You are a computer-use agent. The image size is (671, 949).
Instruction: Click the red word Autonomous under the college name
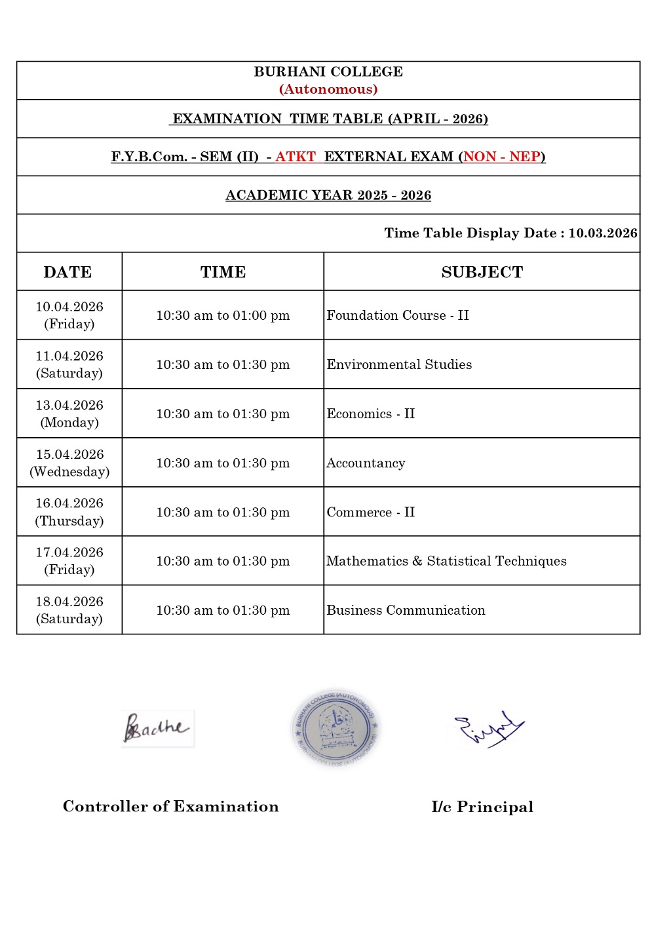tap(328, 89)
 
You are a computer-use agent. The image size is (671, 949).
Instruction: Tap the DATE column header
tap(67, 272)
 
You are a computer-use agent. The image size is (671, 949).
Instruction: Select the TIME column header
tap(223, 272)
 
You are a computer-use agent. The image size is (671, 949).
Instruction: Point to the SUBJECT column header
tap(482, 272)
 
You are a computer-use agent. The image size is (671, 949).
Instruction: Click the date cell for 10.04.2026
tap(69, 315)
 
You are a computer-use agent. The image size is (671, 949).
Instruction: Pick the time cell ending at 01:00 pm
tap(223, 315)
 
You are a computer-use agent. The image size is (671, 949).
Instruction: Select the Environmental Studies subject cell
tap(399, 364)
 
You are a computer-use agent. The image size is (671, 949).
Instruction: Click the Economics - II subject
tap(371, 414)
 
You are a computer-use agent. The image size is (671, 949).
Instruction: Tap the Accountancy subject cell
tap(366, 463)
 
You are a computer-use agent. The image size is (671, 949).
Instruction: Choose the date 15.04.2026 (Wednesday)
tap(69, 463)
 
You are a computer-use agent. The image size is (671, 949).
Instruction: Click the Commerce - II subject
tap(371, 512)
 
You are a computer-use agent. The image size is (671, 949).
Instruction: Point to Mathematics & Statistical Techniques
tap(446, 561)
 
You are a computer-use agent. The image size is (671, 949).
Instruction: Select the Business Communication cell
tap(406, 610)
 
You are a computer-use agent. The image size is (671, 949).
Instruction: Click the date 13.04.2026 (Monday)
tap(69, 414)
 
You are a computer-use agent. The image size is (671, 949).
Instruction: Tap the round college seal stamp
tap(336, 728)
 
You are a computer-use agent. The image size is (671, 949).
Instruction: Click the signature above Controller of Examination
tap(157, 728)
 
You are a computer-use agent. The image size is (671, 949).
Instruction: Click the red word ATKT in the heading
tap(296, 157)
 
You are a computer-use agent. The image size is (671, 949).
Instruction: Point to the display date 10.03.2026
tap(602, 233)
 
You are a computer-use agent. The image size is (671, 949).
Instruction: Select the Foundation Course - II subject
tap(398, 315)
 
